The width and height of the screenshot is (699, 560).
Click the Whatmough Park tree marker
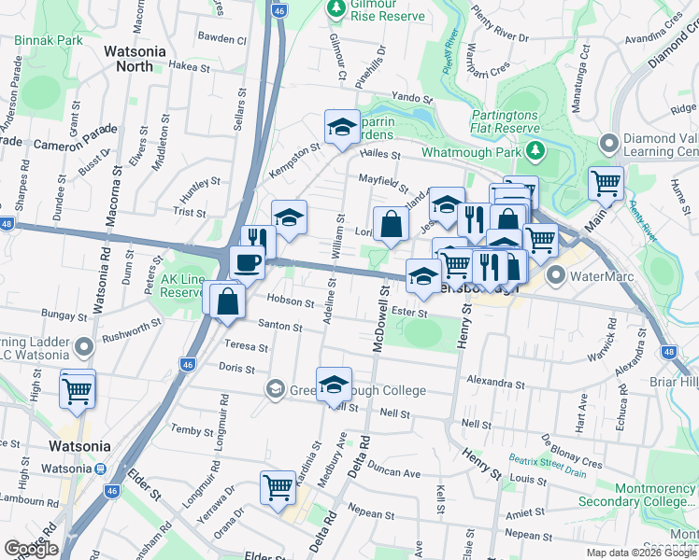coord(535,150)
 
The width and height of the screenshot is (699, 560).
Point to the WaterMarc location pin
coord(558,275)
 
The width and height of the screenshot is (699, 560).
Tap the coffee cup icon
coord(247,262)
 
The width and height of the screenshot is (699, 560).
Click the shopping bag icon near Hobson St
coord(228,301)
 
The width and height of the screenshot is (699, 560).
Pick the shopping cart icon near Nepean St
coord(278,487)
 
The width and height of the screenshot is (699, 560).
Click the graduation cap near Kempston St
coord(342,126)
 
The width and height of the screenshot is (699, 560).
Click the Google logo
coord(31,549)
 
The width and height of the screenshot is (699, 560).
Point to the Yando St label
coord(413,97)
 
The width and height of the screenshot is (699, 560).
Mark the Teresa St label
coord(246,346)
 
